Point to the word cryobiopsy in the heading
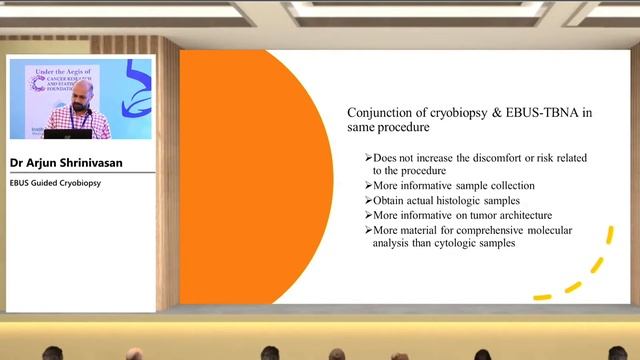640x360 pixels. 469,113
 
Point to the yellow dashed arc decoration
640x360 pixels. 580,270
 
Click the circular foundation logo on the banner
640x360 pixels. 38,84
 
